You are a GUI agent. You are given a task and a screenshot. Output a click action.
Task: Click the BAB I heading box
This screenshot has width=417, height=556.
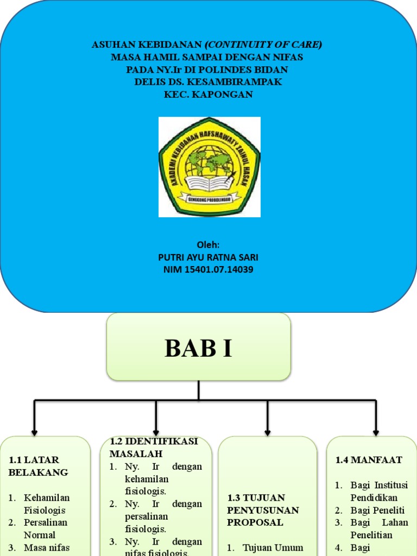[x=199, y=347]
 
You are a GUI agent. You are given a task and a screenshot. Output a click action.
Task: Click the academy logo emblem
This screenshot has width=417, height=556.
[x=210, y=167]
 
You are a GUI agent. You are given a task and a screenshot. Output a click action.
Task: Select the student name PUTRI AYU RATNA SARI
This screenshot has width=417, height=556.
[x=208, y=257]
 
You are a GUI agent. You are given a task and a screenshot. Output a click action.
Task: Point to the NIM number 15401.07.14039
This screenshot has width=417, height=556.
[x=208, y=269]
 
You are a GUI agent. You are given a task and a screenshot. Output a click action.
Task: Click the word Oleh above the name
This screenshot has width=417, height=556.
[x=208, y=245]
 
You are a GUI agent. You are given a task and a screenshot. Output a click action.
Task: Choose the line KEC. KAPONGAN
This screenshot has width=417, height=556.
[x=208, y=94]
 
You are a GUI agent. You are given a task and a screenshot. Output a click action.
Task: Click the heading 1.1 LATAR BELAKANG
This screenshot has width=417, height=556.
[x=38, y=466]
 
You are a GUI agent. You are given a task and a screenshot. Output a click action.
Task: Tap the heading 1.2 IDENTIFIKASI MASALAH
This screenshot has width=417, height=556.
[x=154, y=447]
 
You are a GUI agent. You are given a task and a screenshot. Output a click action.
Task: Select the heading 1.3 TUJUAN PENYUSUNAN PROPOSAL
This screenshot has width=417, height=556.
[x=263, y=510]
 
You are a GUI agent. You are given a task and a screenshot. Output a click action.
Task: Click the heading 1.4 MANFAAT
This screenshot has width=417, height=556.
[x=369, y=460]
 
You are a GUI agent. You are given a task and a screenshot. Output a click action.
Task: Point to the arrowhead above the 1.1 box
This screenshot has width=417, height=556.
[x=35, y=431]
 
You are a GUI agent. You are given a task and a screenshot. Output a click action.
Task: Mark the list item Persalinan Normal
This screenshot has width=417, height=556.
[x=46, y=528]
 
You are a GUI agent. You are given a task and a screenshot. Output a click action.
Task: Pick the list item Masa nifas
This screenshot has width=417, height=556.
[x=47, y=547]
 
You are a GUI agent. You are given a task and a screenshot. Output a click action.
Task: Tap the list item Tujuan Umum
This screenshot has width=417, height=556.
[x=272, y=547]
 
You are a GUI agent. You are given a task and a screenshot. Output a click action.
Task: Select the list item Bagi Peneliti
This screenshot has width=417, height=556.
[x=377, y=510]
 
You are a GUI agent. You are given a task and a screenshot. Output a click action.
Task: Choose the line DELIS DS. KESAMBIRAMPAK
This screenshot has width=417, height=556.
[x=208, y=82]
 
